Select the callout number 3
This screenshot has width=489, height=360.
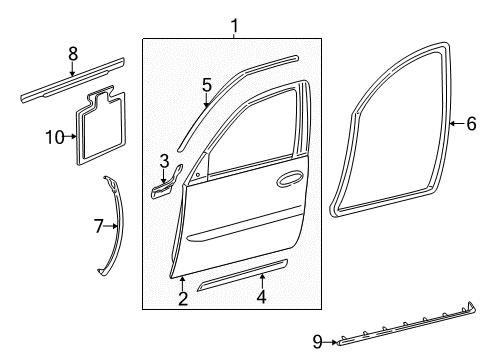point(163,159)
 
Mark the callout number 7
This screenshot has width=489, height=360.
point(99,227)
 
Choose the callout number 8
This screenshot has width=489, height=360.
point(71,54)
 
